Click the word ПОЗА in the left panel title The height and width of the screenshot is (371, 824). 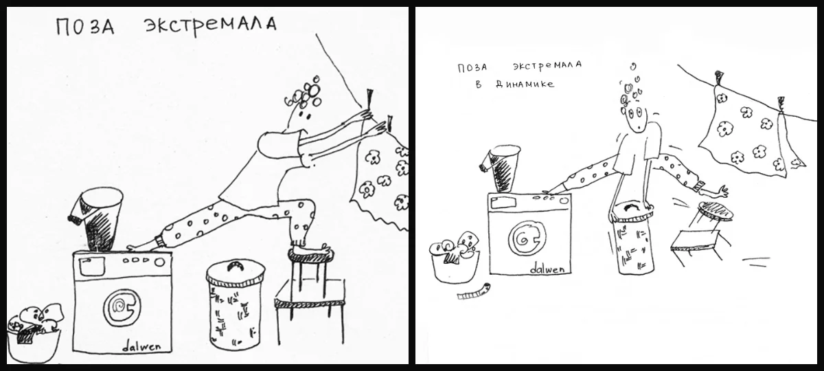click(x=85, y=27)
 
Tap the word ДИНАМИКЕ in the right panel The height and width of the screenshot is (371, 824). click(x=525, y=85)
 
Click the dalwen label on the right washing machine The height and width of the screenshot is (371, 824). click(x=547, y=269)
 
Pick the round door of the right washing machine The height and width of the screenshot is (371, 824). click(x=527, y=239)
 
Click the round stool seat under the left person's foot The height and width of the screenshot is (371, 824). click(x=311, y=254)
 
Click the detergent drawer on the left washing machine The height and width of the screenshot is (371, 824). click(x=91, y=265)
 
